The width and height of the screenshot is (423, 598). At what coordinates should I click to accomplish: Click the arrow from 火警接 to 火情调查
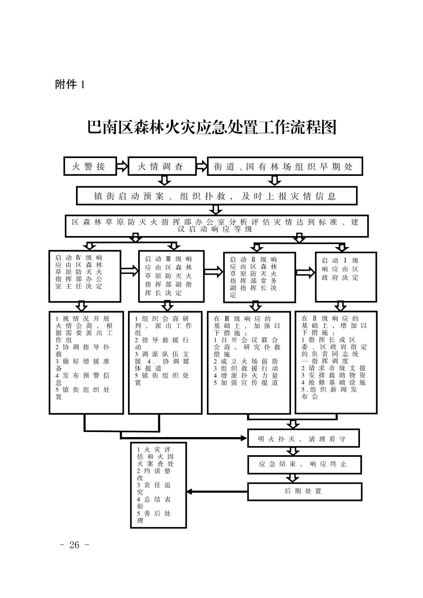[x=122, y=166]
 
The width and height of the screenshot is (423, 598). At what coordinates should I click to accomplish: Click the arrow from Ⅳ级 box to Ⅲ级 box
[x=130, y=271]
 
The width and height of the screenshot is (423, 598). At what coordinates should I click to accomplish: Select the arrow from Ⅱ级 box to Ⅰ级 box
[x=305, y=272]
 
